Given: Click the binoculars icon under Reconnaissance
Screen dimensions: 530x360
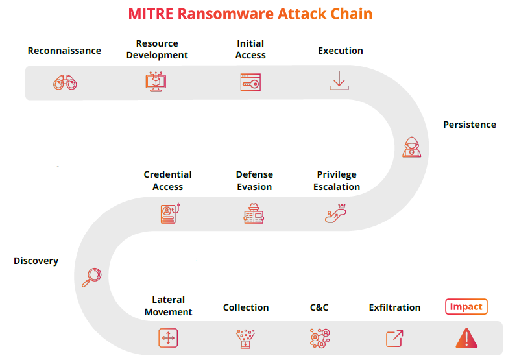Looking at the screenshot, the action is coord(65,82).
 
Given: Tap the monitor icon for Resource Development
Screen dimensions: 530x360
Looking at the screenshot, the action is coord(156,82).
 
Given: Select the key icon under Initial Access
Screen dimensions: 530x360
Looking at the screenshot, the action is coord(250,82).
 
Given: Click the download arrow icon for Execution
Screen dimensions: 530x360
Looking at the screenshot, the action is coord(339,80).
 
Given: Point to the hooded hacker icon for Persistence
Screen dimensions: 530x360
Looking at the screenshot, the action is coord(412,147).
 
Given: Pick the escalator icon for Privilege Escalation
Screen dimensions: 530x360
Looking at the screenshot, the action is coord(335,213).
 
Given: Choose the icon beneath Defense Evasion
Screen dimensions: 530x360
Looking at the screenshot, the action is coord(254,213).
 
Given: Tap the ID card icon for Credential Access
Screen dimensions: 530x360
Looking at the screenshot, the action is coord(170,213).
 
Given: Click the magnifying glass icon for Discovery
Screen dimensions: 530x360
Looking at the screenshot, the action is coord(91,277).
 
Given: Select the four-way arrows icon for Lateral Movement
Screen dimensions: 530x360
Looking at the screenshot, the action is coord(168,338).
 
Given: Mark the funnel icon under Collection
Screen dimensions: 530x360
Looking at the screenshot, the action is coord(245,339).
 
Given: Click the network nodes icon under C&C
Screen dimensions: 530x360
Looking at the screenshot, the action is coord(320,338).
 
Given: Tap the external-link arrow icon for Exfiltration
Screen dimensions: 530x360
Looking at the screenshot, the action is coord(394,339).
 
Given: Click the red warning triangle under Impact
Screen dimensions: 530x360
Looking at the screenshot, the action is coord(466,338).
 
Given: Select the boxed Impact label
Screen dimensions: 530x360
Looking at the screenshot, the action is coord(466,307).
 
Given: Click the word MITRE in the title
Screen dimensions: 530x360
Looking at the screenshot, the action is coord(151,14).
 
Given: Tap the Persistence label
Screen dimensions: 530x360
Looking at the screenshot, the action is coord(470,125).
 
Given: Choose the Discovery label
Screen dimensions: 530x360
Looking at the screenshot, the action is coord(36,261).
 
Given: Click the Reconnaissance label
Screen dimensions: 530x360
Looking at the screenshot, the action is coord(64,51).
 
